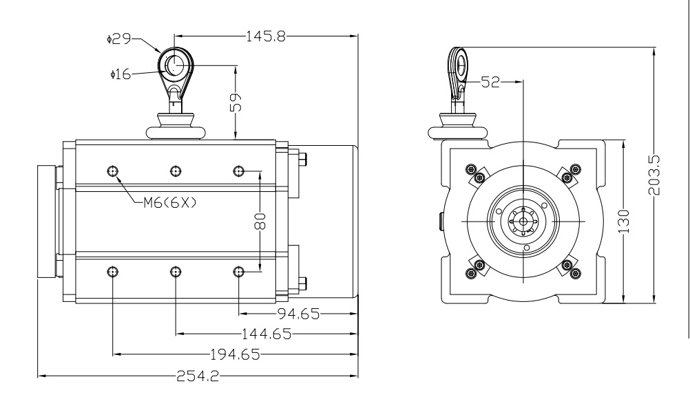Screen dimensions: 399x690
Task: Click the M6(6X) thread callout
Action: pyautogui.click(x=169, y=202)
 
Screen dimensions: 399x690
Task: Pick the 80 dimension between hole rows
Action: pyautogui.click(x=260, y=222)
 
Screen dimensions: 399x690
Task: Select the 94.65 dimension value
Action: pyautogui.click(x=297, y=314)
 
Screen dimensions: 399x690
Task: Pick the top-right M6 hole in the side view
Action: pyautogui.click(x=238, y=171)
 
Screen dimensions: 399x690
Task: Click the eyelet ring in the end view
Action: pyautogui.click(x=459, y=63)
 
